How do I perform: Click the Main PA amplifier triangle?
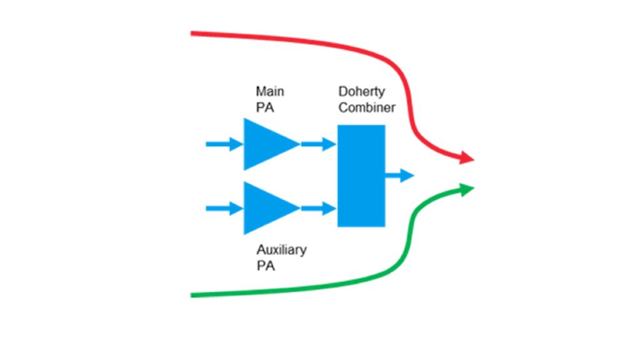(x=266, y=144)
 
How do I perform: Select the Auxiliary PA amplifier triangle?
(x=266, y=208)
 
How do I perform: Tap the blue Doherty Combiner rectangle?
(x=361, y=176)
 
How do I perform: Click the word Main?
(x=269, y=92)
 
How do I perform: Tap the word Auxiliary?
(x=281, y=250)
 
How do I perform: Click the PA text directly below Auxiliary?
(x=265, y=266)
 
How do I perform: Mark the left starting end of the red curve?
(x=193, y=33)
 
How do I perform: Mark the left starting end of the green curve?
(x=193, y=295)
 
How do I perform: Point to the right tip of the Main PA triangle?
(x=299, y=144)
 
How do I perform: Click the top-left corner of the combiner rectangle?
(x=338, y=126)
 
